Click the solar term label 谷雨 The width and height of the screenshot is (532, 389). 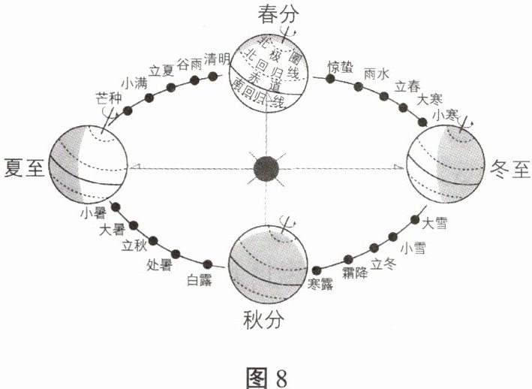[x=188, y=64]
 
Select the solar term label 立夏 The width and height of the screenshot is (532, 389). [x=161, y=71]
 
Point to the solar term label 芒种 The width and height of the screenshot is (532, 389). [x=108, y=98]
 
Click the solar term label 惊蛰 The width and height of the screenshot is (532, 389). [x=340, y=68]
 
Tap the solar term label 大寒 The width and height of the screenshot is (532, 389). [x=431, y=98]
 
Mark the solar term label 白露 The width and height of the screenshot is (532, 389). [x=200, y=281]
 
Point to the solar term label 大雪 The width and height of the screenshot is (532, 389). [x=434, y=222]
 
